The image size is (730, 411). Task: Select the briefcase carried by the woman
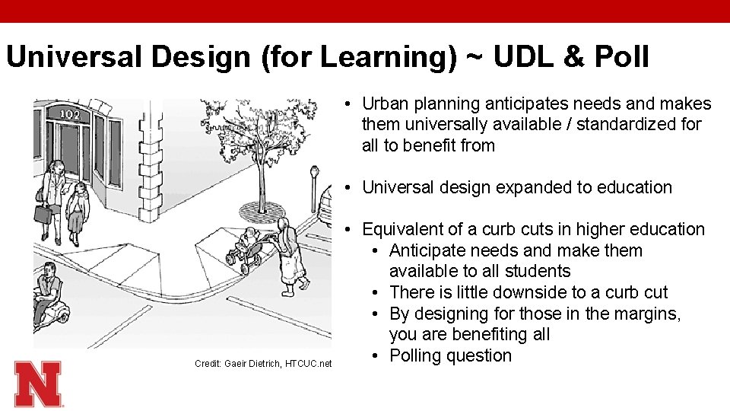(x=43, y=214)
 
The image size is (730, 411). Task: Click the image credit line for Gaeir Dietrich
(x=263, y=364)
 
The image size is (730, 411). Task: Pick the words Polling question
(x=450, y=355)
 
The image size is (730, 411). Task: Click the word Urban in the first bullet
(x=386, y=104)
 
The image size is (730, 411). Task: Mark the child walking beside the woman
(x=78, y=211)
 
